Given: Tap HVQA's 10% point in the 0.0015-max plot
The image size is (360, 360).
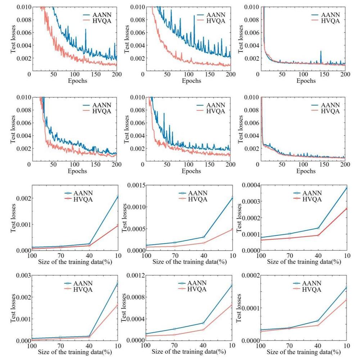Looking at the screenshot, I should point(231,229).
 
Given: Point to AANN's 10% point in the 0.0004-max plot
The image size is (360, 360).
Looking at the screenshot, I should point(346,188).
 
